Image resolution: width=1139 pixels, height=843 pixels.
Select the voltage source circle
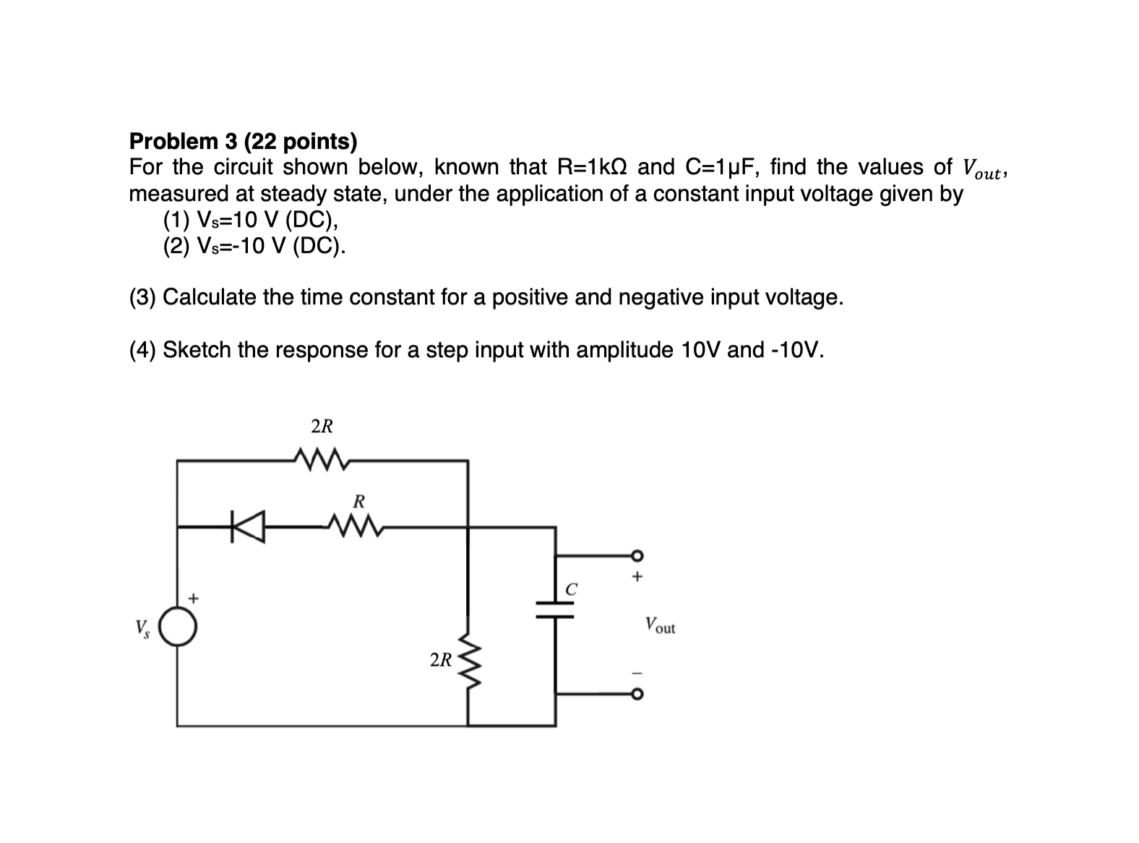(x=178, y=627)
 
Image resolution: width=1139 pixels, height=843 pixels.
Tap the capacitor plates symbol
(x=556, y=609)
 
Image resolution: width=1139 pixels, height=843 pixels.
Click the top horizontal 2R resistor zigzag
(x=323, y=458)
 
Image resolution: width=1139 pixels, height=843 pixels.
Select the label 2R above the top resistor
(x=322, y=427)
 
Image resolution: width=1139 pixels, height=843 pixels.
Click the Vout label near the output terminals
(x=660, y=625)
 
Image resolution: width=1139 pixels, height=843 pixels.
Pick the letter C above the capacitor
(x=571, y=589)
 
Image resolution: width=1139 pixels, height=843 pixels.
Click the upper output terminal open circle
(x=637, y=555)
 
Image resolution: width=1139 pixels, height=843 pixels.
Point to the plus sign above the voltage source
(x=192, y=599)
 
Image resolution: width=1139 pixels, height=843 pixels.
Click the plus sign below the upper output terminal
(x=637, y=578)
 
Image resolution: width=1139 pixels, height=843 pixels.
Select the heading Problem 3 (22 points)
(x=243, y=141)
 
